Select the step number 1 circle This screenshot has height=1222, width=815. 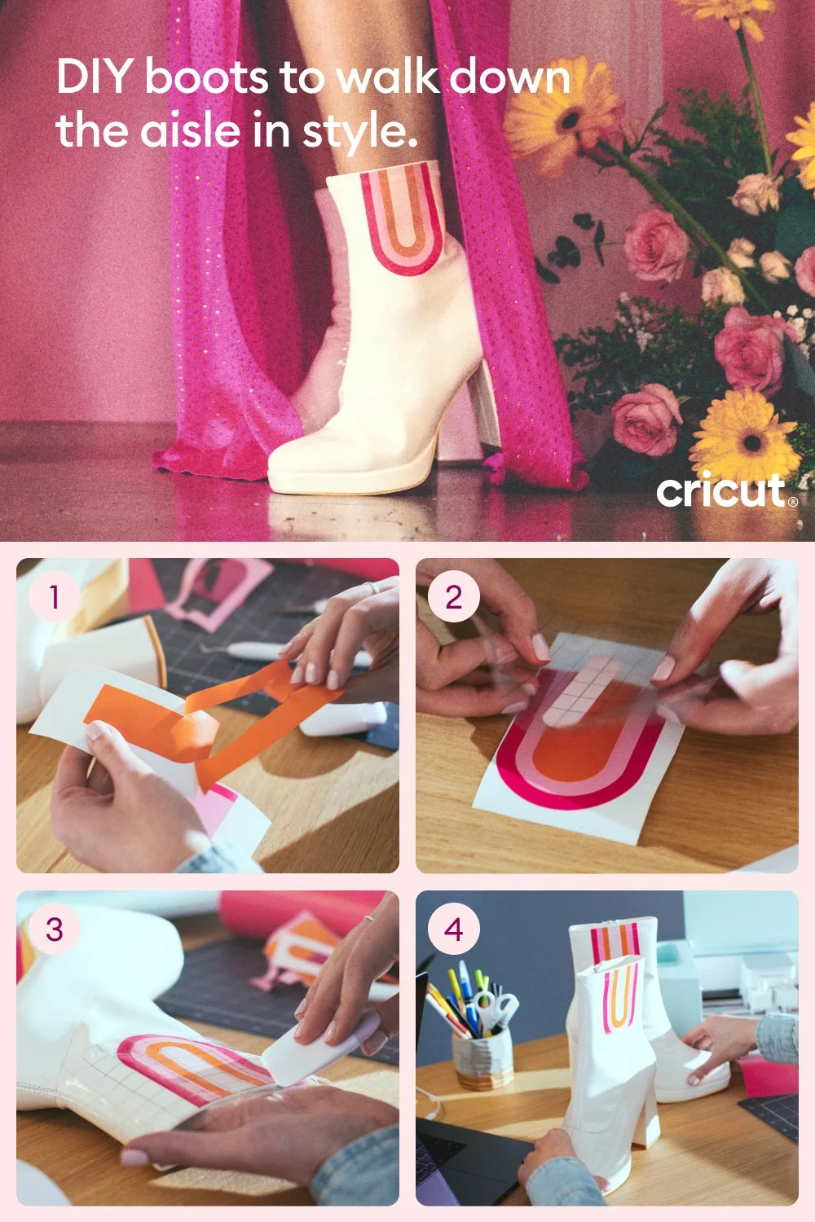54,597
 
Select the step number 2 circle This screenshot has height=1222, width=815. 454,597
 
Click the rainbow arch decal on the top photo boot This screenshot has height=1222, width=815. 403,218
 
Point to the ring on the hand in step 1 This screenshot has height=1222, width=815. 372,587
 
